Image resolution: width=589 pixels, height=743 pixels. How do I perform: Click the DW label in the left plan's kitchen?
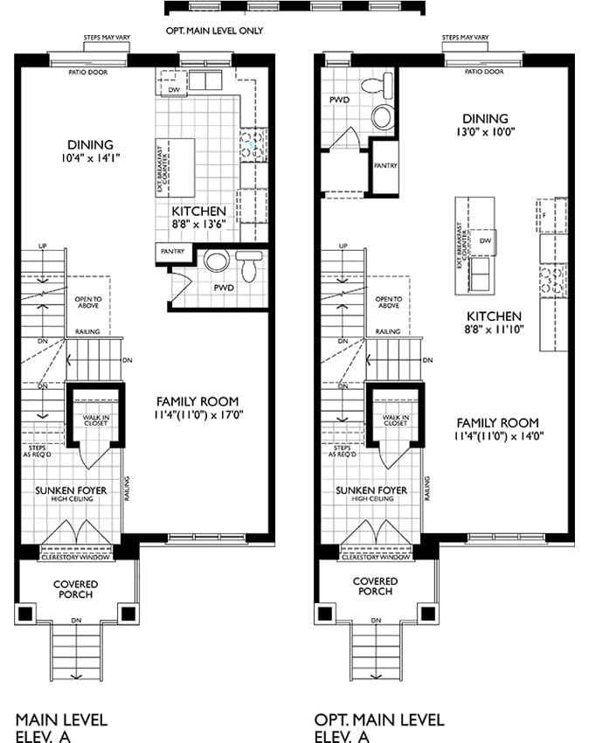(x=174, y=89)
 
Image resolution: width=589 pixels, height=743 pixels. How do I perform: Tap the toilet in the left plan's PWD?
(x=249, y=267)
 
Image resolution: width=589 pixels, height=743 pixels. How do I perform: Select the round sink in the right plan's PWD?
(x=383, y=116)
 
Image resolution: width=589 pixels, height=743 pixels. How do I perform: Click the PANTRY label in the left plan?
(x=172, y=251)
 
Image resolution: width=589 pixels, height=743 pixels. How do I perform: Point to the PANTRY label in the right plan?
(x=385, y=166)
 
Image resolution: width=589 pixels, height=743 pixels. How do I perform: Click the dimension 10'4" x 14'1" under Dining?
(x=91, y=158)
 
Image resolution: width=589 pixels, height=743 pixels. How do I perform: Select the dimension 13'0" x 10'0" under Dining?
(x=485, y=132)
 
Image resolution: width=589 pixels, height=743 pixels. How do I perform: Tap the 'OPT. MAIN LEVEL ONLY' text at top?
(x=214, y=31)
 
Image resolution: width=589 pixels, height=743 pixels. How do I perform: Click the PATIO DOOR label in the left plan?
(x=88, y=73)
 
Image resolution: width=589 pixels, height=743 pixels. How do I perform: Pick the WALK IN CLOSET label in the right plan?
(x=396, y=420)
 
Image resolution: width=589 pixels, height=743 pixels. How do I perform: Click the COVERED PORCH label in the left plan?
(x=76, y=589)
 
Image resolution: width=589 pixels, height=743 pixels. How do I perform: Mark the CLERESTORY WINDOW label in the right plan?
(x=376, y=558)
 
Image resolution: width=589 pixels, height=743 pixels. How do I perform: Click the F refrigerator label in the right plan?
(x=544, y=216)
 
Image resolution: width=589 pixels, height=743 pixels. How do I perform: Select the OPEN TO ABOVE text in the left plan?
(x=88, y=302)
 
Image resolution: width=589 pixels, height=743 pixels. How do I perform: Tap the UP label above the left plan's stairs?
(x=43, y=247)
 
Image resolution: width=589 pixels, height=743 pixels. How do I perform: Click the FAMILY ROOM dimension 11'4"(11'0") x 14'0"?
(x=498, y=436)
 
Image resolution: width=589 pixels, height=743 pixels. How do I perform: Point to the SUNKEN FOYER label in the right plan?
(x=371, y=490)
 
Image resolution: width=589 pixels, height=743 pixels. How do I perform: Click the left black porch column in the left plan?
(x=25, y=615)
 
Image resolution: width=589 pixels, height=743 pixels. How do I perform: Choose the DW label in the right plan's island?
(x=485, y=240)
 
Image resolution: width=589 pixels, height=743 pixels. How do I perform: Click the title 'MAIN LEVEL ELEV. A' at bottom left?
(x=61, y=728)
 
